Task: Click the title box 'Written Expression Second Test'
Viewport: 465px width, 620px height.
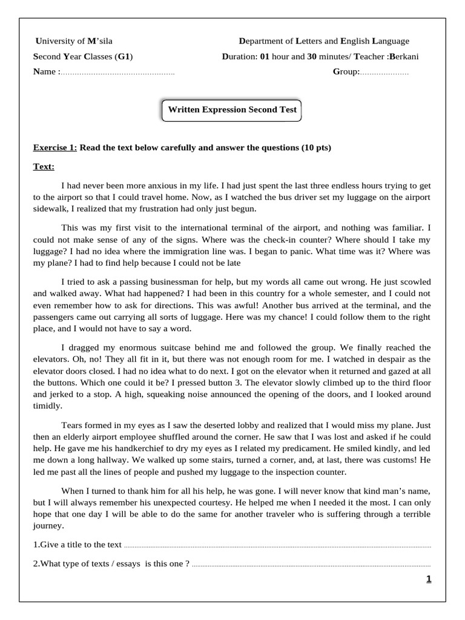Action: coord(232,110)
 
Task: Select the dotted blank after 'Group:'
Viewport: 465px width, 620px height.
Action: coord(384,73)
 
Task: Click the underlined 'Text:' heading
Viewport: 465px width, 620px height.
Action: coord(43,166)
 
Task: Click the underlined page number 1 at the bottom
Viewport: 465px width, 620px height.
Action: coord(429,579)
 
